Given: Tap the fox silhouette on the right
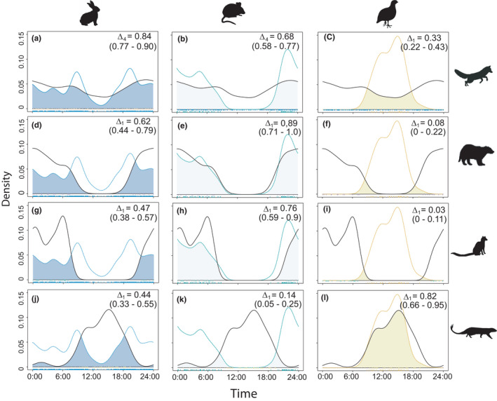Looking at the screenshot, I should click(x=472, y=76).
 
